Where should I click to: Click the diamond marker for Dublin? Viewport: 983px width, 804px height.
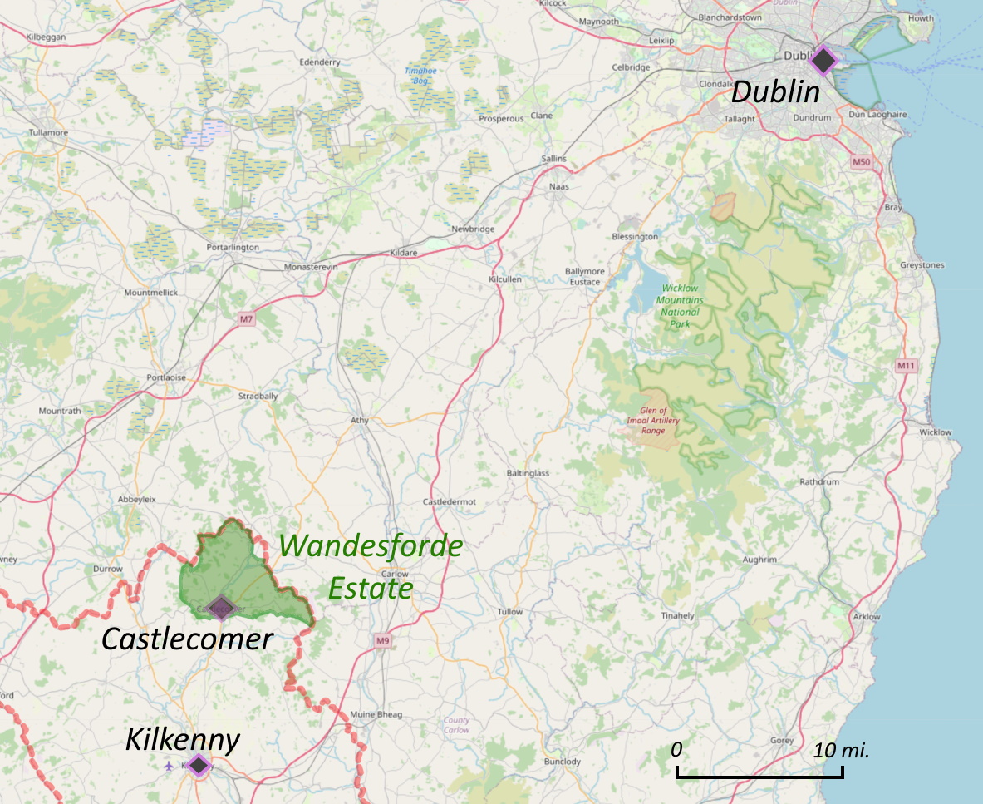pos(822,61)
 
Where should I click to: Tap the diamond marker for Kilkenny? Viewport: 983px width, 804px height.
pos(198,765)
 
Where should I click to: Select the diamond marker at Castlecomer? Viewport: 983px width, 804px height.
pos(220,608)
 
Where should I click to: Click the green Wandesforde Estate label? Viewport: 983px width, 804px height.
pos(371,567)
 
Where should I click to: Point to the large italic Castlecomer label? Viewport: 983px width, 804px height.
pos(187,639)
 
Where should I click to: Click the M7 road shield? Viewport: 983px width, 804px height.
pos(245,319)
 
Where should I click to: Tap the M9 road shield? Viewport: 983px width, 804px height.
pos(382,640)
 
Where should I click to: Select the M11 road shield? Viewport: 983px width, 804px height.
pos(907,366)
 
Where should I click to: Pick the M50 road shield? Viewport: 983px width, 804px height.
pos(861,161)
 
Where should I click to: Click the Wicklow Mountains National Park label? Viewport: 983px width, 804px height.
pos(680,305)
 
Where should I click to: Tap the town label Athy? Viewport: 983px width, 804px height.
pos(359,420)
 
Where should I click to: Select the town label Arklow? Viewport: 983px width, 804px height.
pos(867,616)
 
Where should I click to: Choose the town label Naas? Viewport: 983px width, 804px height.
pos(558,187)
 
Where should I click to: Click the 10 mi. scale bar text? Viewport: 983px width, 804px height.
pos(841,750)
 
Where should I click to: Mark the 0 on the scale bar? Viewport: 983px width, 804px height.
pos(676,750)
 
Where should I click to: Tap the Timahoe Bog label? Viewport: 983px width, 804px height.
pos(420,76)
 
